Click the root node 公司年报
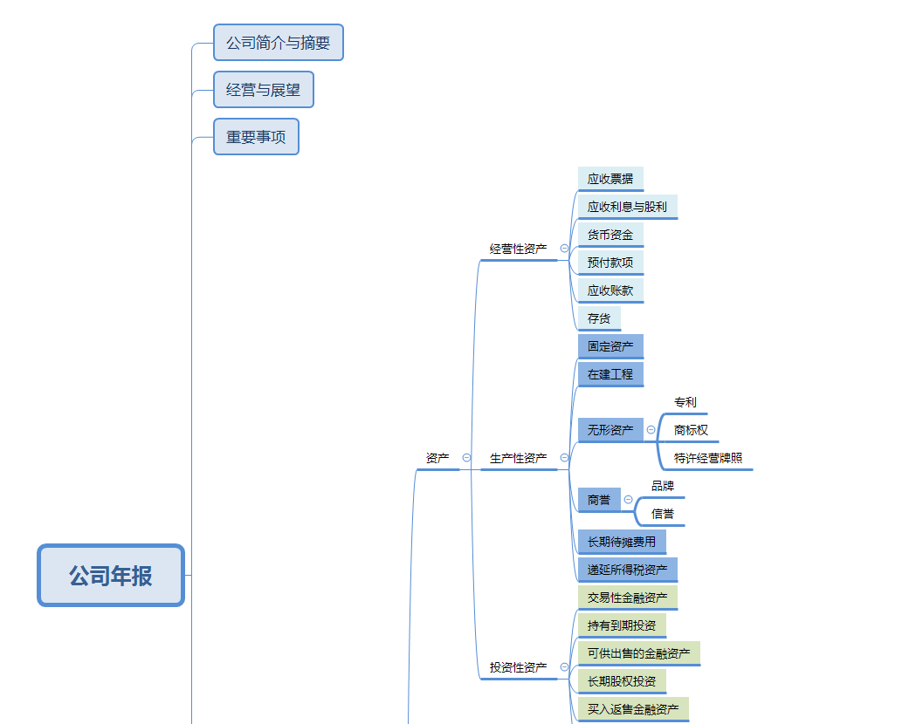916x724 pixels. pos(111,576)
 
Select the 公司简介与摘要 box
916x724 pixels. pos(279,43)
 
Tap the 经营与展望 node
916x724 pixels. pos(263,90)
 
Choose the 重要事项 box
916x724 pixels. pos(256,137)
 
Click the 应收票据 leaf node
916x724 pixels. pos(610,179)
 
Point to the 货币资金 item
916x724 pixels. pos(610,235)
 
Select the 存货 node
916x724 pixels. pos(599,318)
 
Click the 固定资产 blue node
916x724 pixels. pos(610,346)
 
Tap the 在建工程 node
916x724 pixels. pos(610,374)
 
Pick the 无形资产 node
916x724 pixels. pos(610,430)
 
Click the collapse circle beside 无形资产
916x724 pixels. pos(651,430)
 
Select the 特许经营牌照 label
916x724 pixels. pos(708,458)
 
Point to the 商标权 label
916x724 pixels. pos(691,430)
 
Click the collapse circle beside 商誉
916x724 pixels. pos(628,500)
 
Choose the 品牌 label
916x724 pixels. pos(663,486)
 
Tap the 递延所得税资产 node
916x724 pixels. pos(627,570)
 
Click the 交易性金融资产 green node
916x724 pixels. pos(627,598)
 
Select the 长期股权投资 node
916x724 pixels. pos(622,681)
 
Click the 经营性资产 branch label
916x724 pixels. pos(519,249)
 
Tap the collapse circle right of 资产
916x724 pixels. pos(466,457)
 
